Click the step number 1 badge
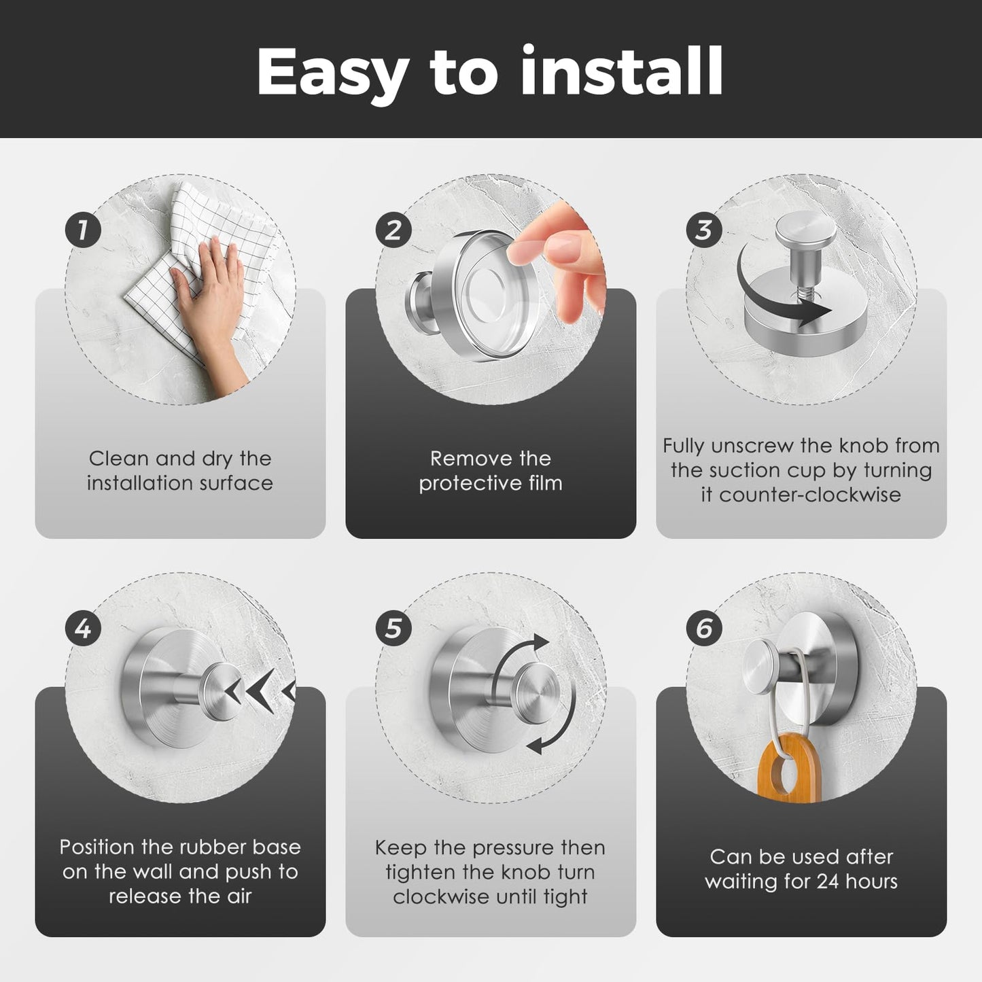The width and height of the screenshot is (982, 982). click(x=83, y=230)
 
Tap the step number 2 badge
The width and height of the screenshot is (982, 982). click(x=393, y=230)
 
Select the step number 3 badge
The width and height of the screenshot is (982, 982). click(x=704, y=230)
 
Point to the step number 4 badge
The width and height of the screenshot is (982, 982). click(x=83, y=629)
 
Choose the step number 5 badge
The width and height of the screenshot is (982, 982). click(x=393, y=629)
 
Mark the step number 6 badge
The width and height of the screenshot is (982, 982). click(x=704, y=629)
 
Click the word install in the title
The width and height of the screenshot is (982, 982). click(x=621, y=71)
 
